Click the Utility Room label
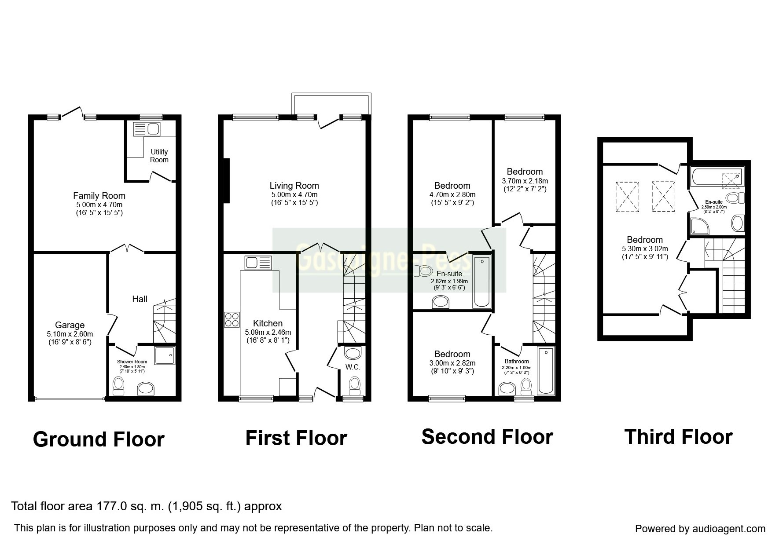coord(159,156)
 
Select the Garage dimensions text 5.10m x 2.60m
coord(70,334)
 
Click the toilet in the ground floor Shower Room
coord(119,385)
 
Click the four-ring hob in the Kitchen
coord(232,319)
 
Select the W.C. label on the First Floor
coord(353,367)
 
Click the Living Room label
coord(294,186)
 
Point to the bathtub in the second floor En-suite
coord(482,281)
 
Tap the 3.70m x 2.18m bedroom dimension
coord(525,181)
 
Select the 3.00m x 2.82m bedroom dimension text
coord(452,363)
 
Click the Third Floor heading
coord(678,437)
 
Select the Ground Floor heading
coord(99,439)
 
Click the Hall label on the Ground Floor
coord(140,299)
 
